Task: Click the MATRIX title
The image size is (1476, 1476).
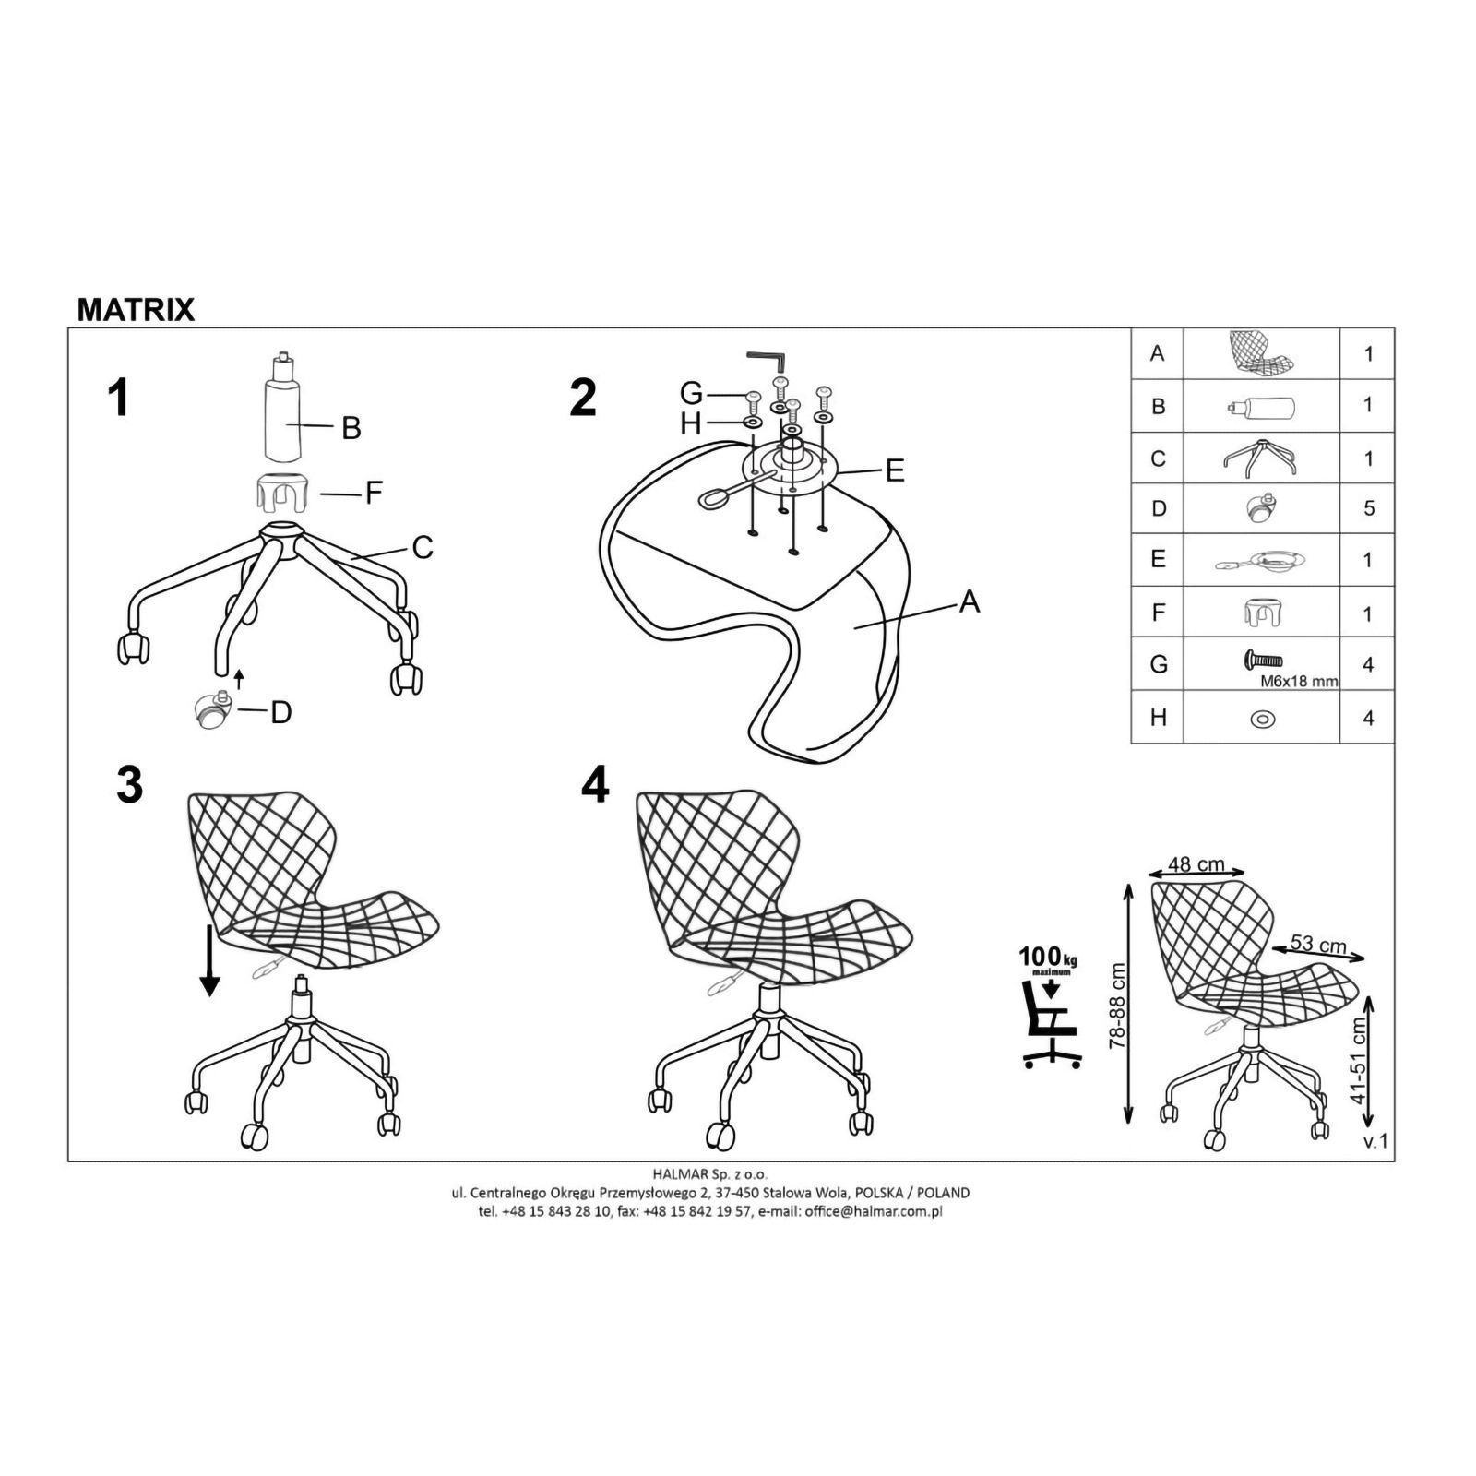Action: (x=136, y=310)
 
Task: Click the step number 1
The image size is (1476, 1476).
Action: (x=118, y=399)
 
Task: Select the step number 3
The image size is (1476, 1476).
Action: (x=130, y=785)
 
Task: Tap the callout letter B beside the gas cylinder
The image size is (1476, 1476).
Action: (x=351, y=428)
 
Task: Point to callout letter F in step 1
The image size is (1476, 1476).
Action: (x=373, y=493)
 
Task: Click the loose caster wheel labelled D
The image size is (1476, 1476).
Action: (x=211, y=709)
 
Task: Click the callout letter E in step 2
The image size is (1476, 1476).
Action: (x=894, y=470)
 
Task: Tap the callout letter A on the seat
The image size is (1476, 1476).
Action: (x=969, y=601)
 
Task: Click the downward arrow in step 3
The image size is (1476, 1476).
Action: (x=210, y=962)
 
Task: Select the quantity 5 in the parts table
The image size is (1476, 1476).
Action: (x=1368, y=508)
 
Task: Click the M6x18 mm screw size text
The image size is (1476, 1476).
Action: (x=1299, y=682)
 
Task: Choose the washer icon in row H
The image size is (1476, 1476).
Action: (x=1261, y=718)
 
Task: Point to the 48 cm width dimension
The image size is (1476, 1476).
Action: (x=1196, y=864)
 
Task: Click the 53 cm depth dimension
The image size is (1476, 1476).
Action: (x=1318, y=944)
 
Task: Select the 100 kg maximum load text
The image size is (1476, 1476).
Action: (x=1048, y=958)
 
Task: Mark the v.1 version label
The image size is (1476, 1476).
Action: (x=1375, y=1142)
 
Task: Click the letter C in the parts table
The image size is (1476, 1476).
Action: (x=1158, y=458)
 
